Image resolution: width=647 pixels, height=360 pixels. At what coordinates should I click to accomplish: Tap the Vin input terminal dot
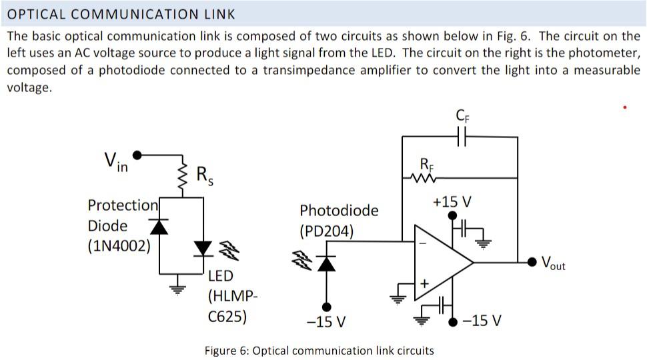[137, 155]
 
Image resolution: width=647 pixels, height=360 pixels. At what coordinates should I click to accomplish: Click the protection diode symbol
[159, 227]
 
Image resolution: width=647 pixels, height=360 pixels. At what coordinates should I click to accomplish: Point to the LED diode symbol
[203, 248]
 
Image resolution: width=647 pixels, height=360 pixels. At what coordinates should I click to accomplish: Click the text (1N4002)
[119, 245]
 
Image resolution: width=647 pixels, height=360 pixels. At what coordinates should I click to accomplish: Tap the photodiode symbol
[326, 263]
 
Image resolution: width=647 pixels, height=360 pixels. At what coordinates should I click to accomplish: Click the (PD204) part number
[327, 231]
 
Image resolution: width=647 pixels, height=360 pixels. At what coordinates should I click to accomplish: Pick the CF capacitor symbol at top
[461, 137]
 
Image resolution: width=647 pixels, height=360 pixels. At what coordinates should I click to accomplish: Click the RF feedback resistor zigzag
[425, 178]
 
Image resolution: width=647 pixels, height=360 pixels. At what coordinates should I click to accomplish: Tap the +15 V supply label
[452, 201]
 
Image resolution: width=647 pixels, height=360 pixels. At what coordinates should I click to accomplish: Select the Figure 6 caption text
[319, 350]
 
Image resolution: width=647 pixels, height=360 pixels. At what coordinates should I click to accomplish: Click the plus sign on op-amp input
[422, 283]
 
